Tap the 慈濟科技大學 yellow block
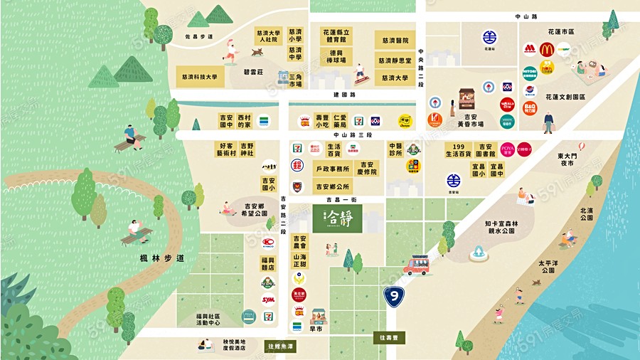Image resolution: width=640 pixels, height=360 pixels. pyautogui.click(x=199, y=77)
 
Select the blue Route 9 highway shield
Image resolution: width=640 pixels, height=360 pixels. pyautogui.click(x=392, y=295)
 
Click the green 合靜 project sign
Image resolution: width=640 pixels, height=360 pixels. pyautogui.click(x=336, y=218)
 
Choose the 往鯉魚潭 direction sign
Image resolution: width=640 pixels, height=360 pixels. pyautogui.click(x=280, y=346)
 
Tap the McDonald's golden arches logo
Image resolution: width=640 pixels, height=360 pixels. pyautogui.click(x=546, y=49)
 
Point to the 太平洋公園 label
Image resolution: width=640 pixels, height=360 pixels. pyautogui.click(x=547, y=267)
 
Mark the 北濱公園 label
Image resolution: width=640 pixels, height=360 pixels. pyautogui.click(x=587, y=214)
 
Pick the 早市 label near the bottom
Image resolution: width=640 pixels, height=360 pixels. pyautogui.click(x=317, y=329)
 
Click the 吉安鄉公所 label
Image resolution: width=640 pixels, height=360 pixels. pyautogui.click(x=331, y=187)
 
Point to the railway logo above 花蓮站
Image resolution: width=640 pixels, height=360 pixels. pyautogui.click(x=489, y=37)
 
